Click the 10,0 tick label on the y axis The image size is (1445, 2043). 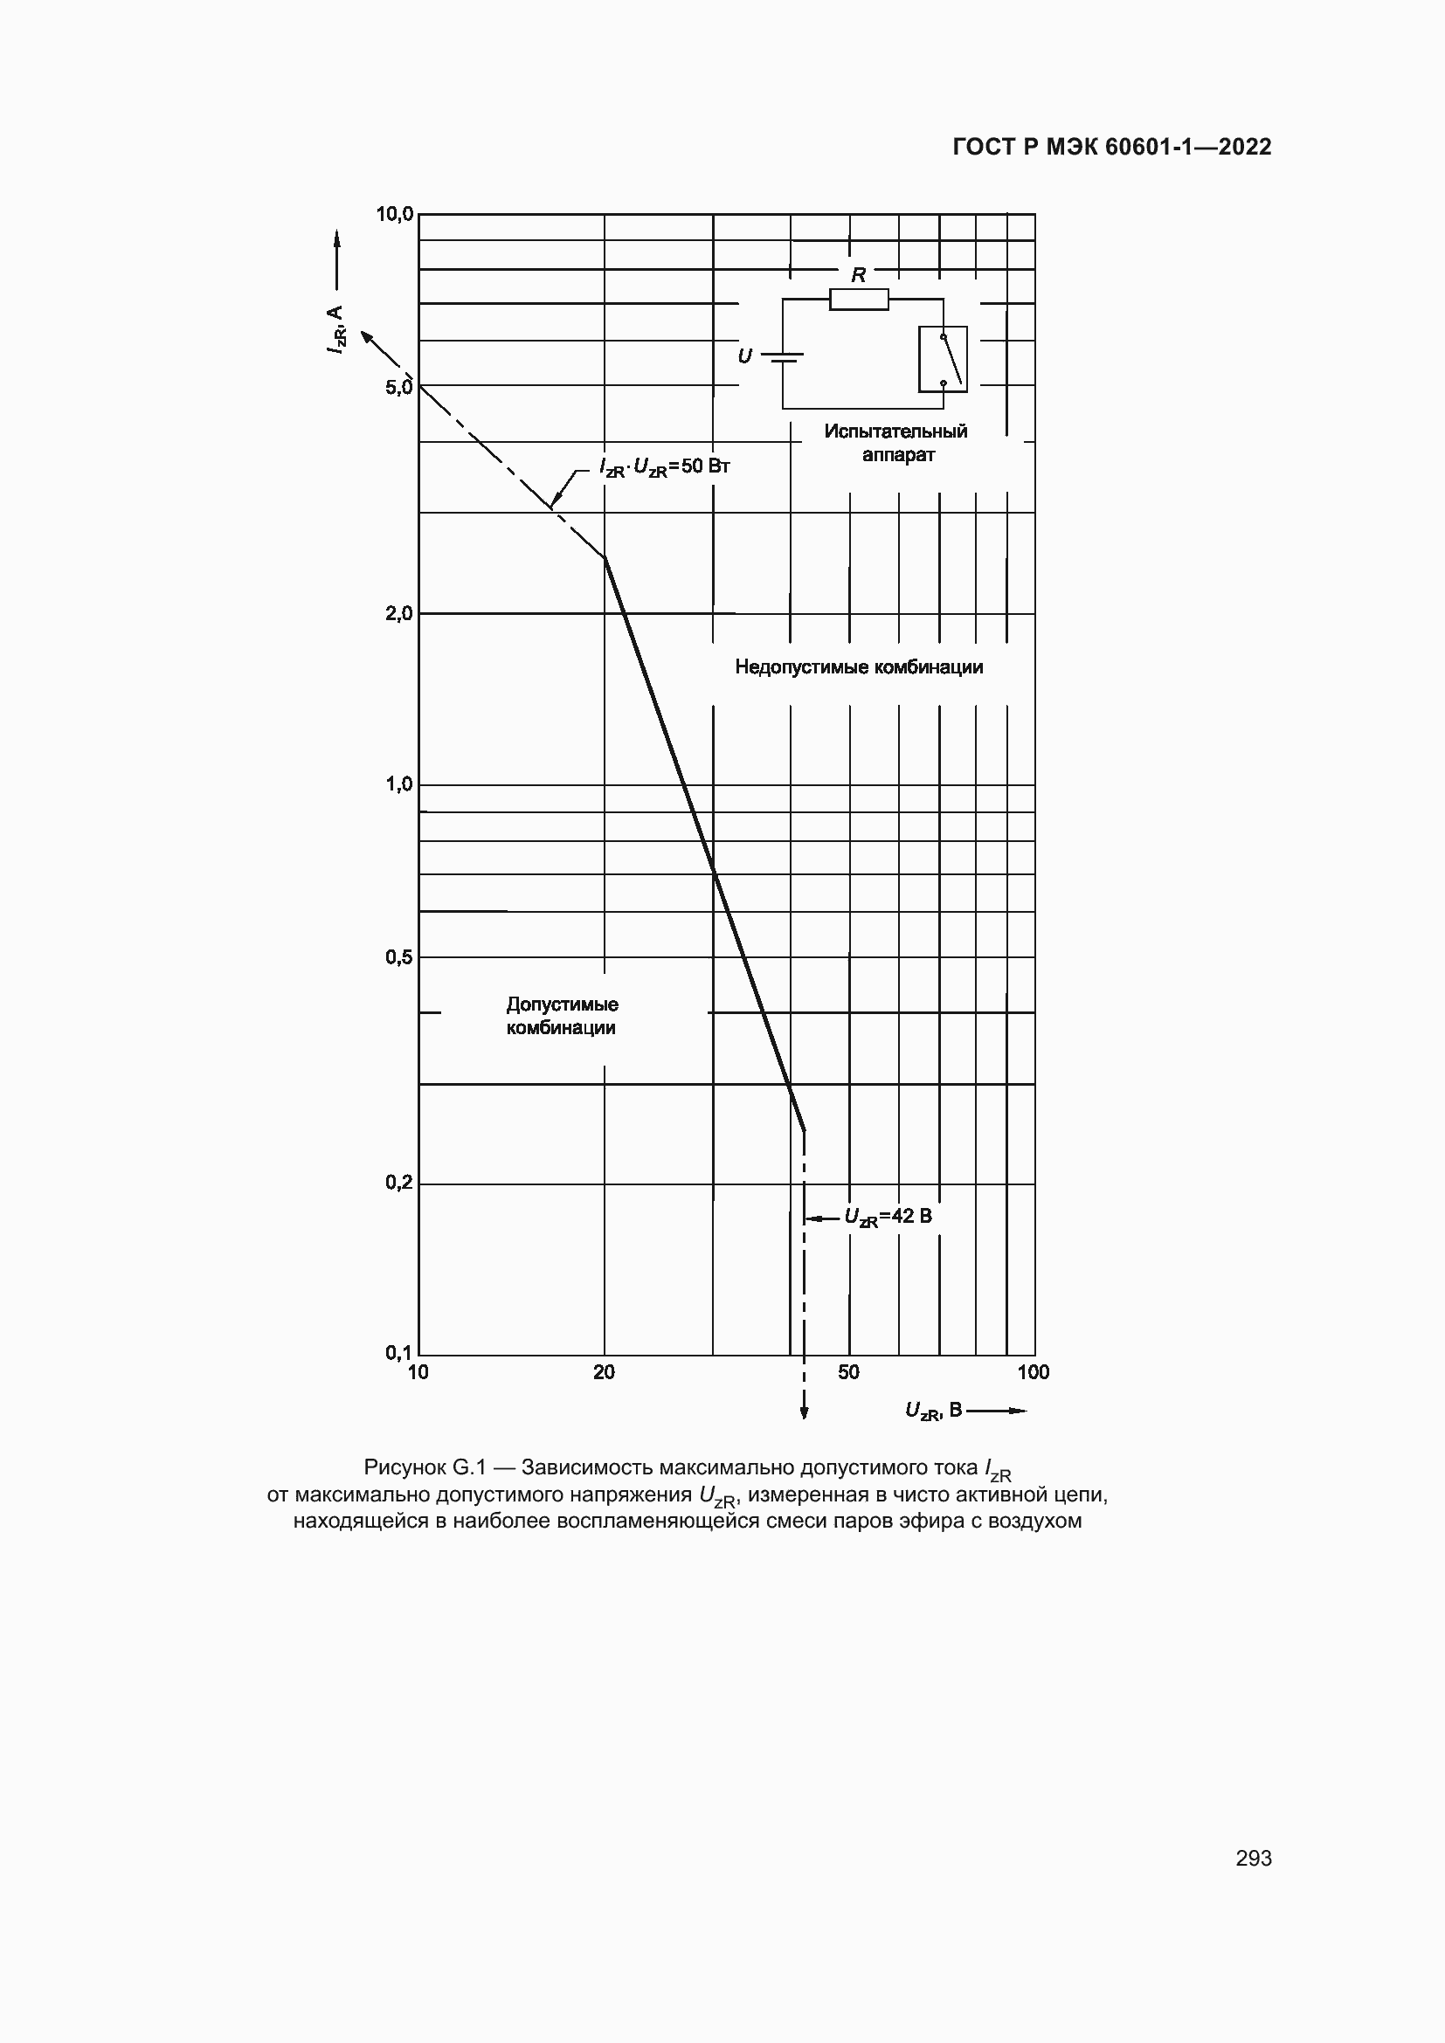tap(394, 215)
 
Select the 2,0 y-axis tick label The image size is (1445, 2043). tap(398, 613)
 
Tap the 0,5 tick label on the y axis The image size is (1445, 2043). tap(398, 957)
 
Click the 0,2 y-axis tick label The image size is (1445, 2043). tap(398, 1183)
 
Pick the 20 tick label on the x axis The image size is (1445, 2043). tap(605, 1372)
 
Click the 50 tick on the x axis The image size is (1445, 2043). tap(849, 1372)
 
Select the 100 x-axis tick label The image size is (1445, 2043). tap(1033, 1372)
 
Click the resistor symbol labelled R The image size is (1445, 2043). tap(859, 300)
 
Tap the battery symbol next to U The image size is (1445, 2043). tap(783, 358)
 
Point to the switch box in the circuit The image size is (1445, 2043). tap(944, 360)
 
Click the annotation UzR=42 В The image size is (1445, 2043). tap(888, 1217)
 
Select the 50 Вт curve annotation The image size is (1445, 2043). tap(665, 466)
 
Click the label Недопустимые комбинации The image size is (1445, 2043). tap(859, 667)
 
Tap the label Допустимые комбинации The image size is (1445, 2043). tap(562, 1016)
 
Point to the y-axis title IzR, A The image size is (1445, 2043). tap(335, 329)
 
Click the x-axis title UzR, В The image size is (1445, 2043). tap(933, 1411)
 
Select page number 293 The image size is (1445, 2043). tap(1253, 1858)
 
